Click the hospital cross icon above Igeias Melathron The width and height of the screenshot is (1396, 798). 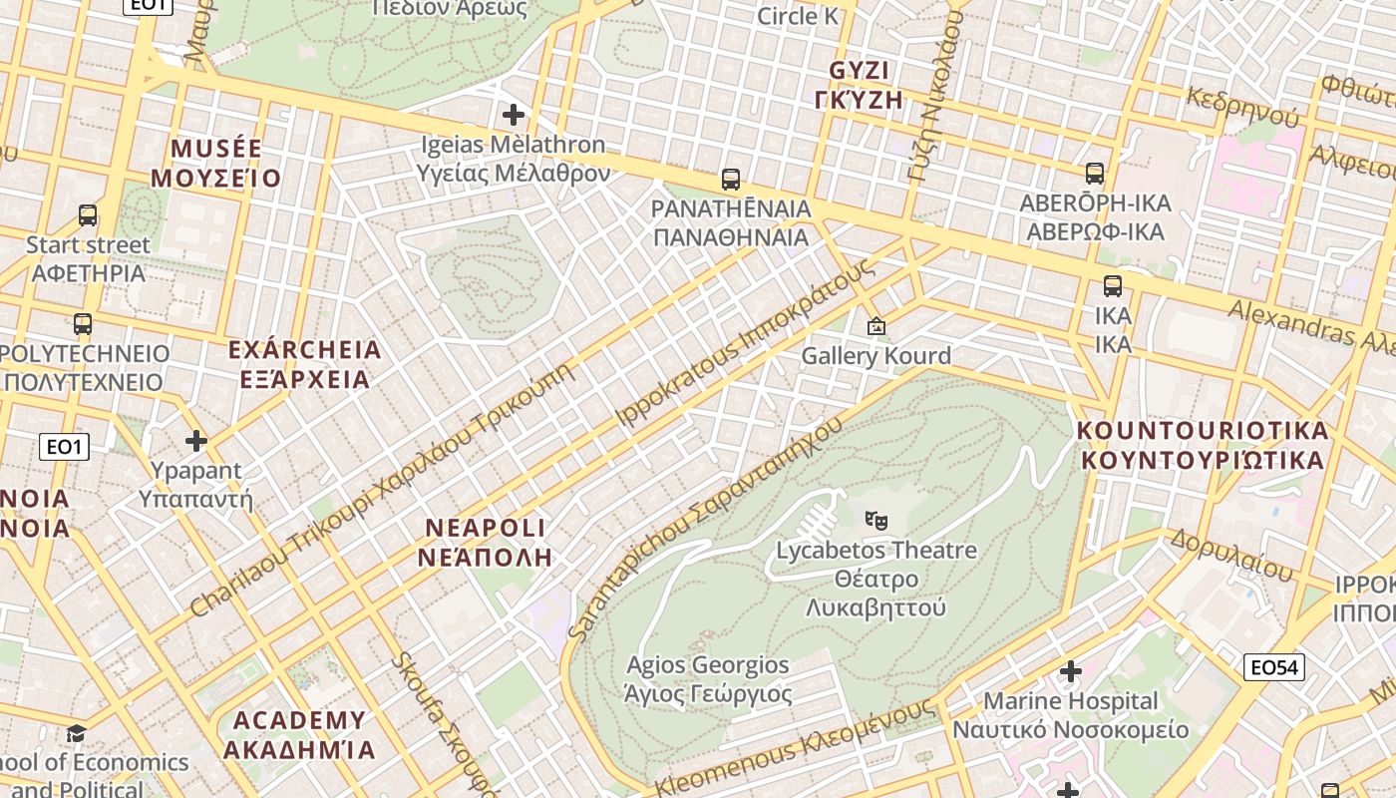(x=514, y=115)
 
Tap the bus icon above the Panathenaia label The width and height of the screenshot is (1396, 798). (x=731, y=180)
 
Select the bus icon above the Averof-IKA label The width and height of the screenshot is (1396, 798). (x=1095, y=174)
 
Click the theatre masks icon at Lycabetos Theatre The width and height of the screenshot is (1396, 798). (x=876, y=520)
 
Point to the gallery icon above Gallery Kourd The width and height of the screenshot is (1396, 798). (x=876, y=326)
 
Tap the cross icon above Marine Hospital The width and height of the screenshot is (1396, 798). (x=1071, y=671)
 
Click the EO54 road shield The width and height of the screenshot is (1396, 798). (x=1274, y=667)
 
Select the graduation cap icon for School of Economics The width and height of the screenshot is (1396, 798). (x=76, y=734)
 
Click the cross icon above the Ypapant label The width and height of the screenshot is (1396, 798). (x=196, y=440)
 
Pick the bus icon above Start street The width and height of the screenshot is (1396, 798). (x=88, y=215)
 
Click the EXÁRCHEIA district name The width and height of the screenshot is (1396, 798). (x=305, y=350)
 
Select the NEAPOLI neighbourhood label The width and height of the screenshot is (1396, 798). (x=486, y=528)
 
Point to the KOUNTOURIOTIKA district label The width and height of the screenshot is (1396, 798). (x=1203, y=431)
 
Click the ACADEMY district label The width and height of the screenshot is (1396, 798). (x=299, y=720)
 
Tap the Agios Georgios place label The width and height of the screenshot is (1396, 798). (x=708, y=665)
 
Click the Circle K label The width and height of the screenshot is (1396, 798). (x=798, y=16)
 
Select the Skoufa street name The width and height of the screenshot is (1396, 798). (x=438, y=718)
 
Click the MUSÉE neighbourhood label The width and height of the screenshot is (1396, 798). (x=216, y=150)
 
